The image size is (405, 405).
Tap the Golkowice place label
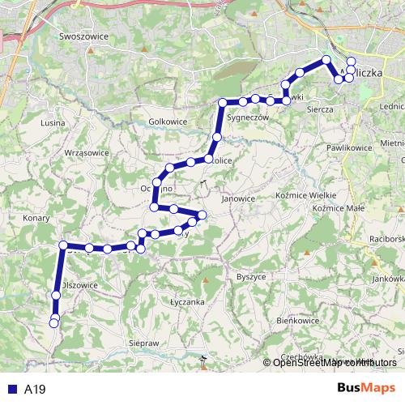(x=168, y=122)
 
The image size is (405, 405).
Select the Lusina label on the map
(x=52, y=122)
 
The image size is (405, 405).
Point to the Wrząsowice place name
(x=86, y=152)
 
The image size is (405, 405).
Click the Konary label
(x=37, y=218)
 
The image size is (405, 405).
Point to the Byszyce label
(x=250, y=277)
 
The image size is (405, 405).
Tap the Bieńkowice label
(x=296, y=321)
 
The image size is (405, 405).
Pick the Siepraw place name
(x=143, y=343)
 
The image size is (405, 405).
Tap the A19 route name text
(x=35, y=389)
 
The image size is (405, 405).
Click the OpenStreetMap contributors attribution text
(x=333, y=362)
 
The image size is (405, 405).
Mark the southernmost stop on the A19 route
(x=54, y=323)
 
